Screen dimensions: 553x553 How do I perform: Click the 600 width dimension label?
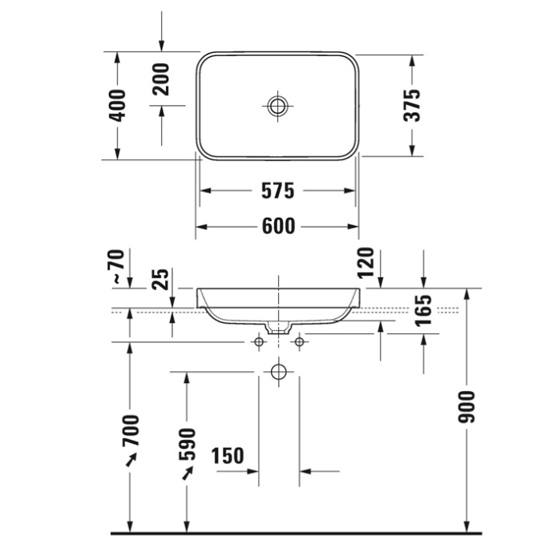[x=278, y=227]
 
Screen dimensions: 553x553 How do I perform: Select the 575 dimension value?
[x=278, y=191]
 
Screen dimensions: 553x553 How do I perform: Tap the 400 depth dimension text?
[x=118, y=105]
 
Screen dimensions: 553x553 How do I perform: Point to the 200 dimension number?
[x=162, y=79]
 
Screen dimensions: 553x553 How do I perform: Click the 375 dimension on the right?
[x=411, y=105]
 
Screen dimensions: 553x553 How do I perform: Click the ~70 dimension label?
[x=117, y=268]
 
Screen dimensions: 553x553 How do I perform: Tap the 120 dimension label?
[x=365, y=263]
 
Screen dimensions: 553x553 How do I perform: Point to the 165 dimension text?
[x=424, y=311]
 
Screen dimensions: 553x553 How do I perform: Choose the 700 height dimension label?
[x=131, y=430]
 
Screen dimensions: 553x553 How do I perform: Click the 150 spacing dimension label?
[x=227, y=456]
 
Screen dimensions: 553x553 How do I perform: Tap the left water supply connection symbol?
[x=258, y=342]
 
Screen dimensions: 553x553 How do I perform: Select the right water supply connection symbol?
[x=299, y=342]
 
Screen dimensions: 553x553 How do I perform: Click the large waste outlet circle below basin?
[x=278, y=372]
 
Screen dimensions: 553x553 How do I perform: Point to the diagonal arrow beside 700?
[x=131, y=460]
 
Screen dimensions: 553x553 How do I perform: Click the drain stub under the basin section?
[x=278, y=327]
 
